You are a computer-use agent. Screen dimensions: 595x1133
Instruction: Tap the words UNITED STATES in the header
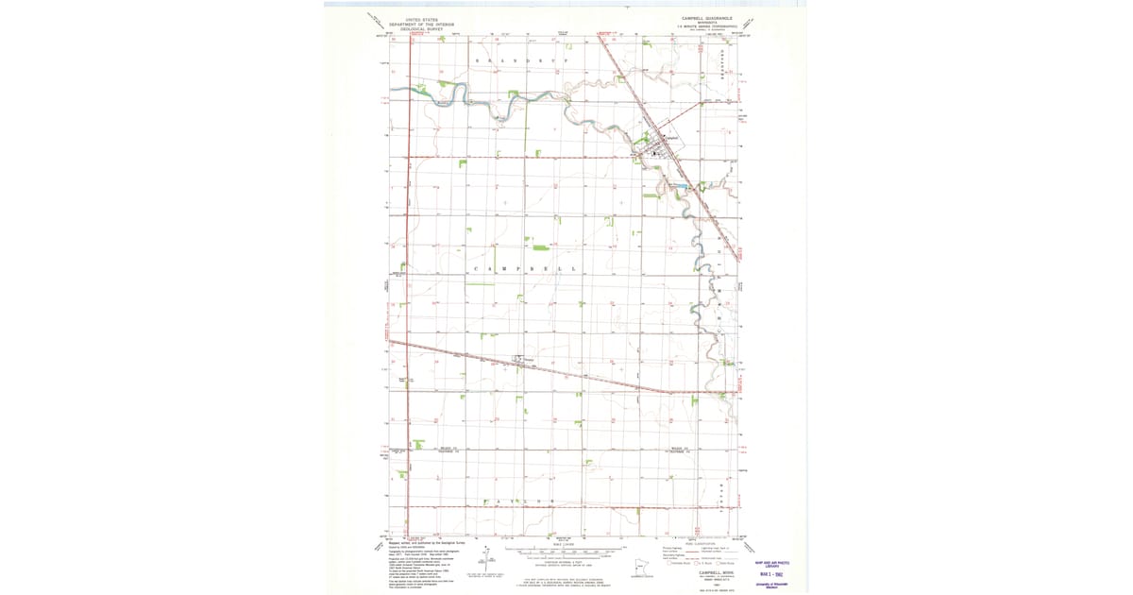click(x=421, y=18)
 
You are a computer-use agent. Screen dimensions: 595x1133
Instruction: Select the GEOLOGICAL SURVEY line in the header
click(x=421, y=29)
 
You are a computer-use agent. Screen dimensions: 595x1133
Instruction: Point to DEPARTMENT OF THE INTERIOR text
click(x=421, y=24)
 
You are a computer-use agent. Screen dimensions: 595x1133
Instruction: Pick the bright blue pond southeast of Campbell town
click(x=681, y=186)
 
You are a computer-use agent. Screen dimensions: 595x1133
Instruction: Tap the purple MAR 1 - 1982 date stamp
click(x=771, y=574)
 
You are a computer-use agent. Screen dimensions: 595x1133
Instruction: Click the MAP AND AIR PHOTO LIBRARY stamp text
click(x=771, y=565)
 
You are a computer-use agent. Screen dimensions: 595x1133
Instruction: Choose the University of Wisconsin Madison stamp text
click(x=771, y=585)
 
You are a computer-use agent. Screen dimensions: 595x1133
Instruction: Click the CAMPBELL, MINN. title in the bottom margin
click(x=715, y=571)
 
